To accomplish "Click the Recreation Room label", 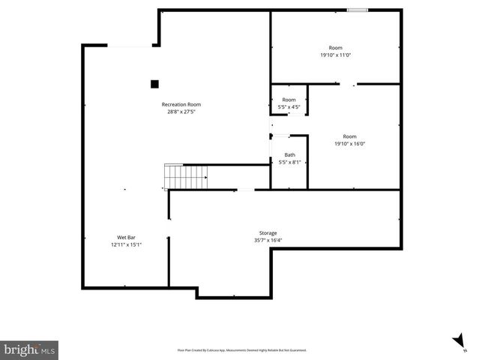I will coord(181,104).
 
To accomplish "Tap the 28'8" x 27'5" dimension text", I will coord(181,112).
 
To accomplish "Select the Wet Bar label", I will coord(126,237).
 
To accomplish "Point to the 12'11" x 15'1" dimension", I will coord(126,244).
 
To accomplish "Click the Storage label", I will coord(268,233).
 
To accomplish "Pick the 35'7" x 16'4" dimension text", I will coord(268,241).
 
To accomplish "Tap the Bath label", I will coord(289,154).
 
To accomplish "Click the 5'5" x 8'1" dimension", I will coord(289,162).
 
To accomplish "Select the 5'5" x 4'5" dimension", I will coord(289,107).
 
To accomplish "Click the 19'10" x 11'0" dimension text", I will coord(336,55).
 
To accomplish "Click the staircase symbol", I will coord(185,178).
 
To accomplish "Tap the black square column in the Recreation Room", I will coord(154,84).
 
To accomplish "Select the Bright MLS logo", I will coord(30,349).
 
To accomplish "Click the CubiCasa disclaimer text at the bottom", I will coord(241,349).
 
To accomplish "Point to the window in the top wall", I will coord(357,10).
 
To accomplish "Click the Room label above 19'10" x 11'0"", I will coord(336,47).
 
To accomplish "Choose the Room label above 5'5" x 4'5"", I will coord(289,100).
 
